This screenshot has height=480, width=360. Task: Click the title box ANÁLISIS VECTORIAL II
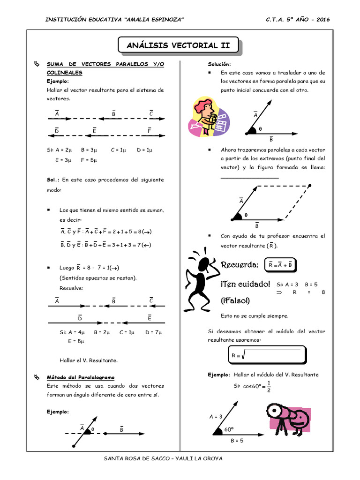click(178, 45)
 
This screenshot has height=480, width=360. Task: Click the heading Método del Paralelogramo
click(80, 377)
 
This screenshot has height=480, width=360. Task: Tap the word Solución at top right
click(219, 64)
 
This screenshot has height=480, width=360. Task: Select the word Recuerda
click(240, 265)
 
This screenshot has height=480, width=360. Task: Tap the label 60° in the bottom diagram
click(229, 429)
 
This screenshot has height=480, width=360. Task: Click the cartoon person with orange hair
click(207, 117)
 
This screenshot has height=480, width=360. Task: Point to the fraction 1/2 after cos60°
click(268, 386)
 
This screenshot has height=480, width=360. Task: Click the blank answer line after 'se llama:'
click(249, 177)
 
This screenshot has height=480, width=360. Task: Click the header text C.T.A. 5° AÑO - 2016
click(298, 19)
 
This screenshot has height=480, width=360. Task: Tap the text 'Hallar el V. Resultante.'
click(89, 360)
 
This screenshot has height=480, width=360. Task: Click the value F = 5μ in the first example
click(88, 160)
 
